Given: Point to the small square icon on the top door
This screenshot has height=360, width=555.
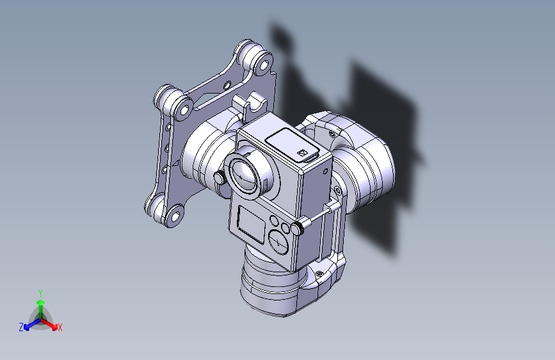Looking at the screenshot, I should click(303, 153).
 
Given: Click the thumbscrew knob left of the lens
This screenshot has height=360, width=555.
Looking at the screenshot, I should click(220, 177).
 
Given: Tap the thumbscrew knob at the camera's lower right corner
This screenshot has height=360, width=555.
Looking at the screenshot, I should click(297, 227).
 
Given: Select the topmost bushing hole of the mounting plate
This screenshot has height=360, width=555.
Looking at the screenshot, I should click(261, 63).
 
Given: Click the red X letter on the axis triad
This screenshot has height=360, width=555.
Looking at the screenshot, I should click(60, 328).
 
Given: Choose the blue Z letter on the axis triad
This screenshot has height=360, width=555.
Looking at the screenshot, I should click(21, 327).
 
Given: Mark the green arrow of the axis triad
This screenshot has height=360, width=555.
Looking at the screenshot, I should click(40, 305).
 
